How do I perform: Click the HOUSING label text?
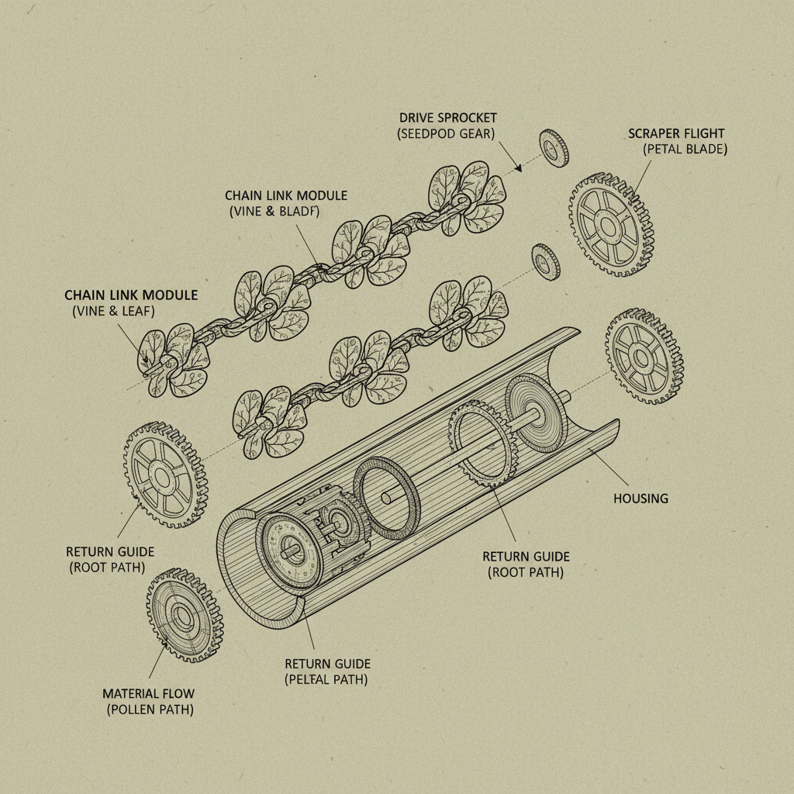click(640, 498)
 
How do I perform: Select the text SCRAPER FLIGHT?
click(677, 133)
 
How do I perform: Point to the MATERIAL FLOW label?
click(149, 693)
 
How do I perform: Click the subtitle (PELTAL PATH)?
click(326, 680)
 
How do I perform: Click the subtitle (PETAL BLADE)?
click(685, 150)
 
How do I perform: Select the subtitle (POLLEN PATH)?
click(150, 709)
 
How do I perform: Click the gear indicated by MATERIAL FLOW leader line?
click(185, 615)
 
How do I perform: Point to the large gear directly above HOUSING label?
click(644, 357)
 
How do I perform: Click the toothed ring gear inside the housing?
click(481, 447)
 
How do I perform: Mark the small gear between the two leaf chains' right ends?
click(546, 261)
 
